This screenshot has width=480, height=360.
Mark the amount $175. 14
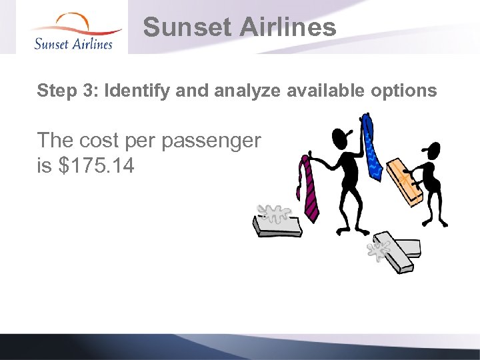click(96, 165)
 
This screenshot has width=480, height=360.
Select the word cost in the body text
click(101, 141)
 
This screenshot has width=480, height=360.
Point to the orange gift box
click(405, 180)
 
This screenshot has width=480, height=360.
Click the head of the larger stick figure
click(341, 139)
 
